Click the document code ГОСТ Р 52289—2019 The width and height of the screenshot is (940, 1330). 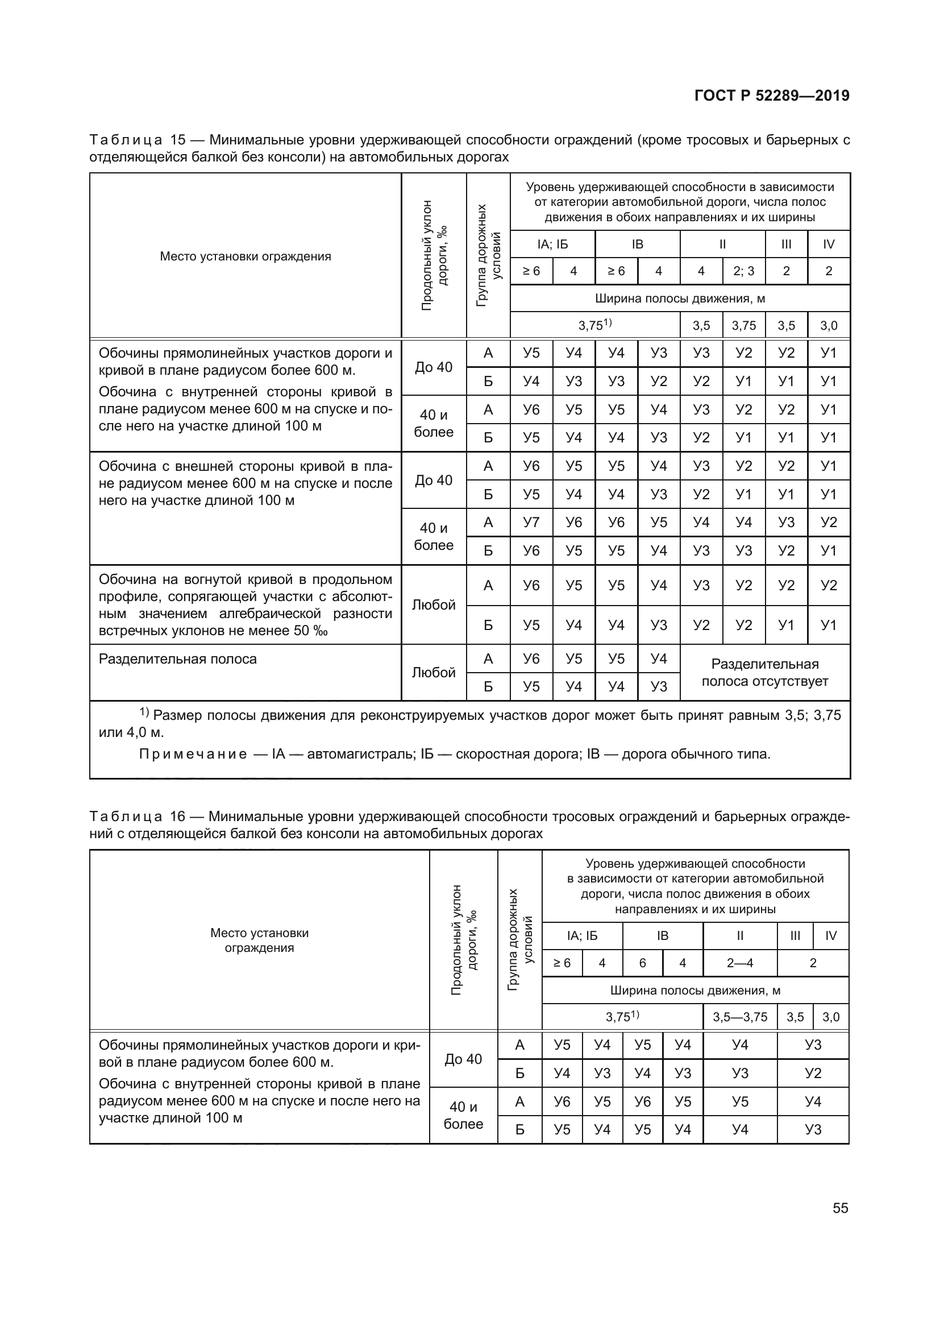(772, 96)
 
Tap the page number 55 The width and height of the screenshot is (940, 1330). (841, 1208)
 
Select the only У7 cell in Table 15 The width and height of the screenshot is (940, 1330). (531, 523)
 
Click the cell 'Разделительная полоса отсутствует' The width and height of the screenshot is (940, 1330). (764, 673)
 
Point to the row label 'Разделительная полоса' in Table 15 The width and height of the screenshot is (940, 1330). (178, 659)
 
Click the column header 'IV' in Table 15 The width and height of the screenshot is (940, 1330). (828, 245)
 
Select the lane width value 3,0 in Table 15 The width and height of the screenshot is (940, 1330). (828, 326)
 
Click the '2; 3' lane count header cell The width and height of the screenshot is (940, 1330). (743, 271)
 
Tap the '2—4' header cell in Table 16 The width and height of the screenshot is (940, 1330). (740, 963)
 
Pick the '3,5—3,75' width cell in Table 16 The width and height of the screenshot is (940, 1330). (740, 1017)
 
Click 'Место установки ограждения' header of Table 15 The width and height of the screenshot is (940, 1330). (246, 256)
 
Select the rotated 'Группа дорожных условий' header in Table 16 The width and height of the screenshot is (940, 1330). (520, 939)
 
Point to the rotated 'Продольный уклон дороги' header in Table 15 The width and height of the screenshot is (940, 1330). (434, 255)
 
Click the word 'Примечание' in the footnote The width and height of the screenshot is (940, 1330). (193, 754)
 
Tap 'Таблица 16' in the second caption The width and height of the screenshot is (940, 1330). (136, 817)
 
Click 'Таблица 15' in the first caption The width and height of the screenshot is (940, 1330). (137, 140)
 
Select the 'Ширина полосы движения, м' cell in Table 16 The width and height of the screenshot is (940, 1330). (694, 991)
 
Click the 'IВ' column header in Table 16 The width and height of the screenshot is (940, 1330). (662, 936)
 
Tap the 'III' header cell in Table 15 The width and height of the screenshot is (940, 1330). (785, 245)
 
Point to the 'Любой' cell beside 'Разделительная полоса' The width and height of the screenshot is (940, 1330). (434, 673)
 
